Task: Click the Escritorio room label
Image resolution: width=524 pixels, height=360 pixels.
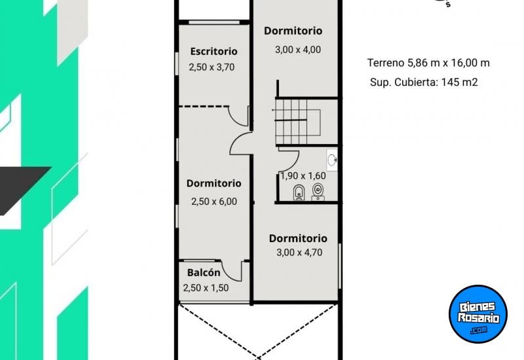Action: point(214,51)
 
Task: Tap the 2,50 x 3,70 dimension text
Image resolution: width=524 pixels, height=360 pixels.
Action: point(212,67)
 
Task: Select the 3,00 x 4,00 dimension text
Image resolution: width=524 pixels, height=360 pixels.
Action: point(297,49)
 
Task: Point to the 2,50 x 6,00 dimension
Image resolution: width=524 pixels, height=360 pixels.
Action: point(214,202)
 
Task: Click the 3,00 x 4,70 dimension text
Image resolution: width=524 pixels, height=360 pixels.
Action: point(298,252)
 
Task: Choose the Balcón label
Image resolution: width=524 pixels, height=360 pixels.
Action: point(204,272)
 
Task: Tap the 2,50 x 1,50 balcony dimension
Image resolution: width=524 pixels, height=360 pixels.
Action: point(206,287)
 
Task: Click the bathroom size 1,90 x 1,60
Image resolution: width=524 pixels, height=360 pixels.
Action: point(303,175)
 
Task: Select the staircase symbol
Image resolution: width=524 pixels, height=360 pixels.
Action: point(298,121)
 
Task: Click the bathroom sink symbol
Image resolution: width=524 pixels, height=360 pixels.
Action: point(332,159)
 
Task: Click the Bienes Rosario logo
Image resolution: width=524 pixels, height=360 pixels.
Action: point(478,314)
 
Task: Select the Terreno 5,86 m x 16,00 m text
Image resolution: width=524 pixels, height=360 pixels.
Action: point(428,63)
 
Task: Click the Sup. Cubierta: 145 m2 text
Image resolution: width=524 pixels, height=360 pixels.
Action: point(423,82)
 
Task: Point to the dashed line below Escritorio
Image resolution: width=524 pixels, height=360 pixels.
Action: point(203,105)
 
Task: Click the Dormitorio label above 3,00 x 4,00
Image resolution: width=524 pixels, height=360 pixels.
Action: point(293,31)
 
